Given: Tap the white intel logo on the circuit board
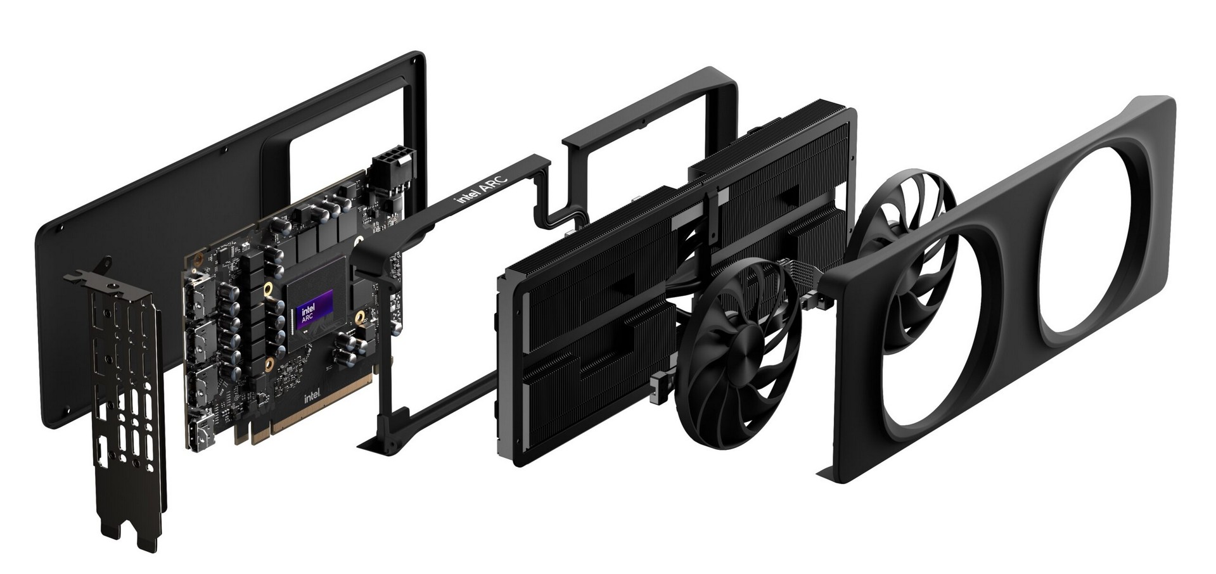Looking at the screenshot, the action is point(312,397).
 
